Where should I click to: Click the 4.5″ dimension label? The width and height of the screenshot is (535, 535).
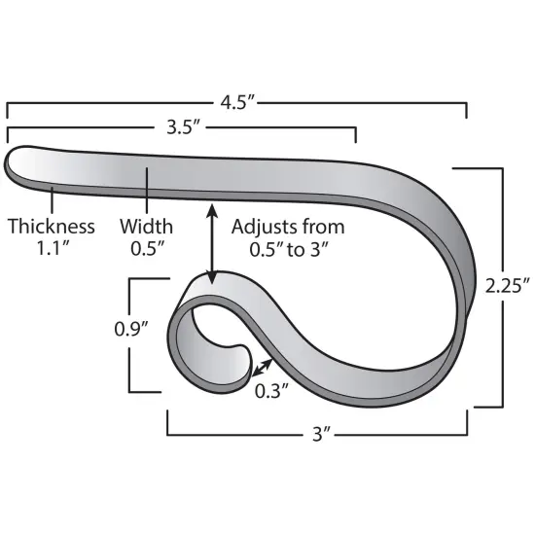[x=236, y=100]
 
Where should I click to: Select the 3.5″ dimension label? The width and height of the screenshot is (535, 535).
[x=182, y=126]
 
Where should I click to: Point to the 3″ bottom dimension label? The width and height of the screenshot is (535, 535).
[x=317, y=434]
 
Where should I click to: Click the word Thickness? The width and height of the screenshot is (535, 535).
[x=52, y=227]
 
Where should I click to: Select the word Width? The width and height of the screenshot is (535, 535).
[x=146, y=227]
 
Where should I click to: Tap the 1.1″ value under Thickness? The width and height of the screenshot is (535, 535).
[x=52, y=248]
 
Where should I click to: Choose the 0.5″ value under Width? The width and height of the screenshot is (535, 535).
[x=146, y=248]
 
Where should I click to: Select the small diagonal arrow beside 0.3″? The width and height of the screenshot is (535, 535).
[x=260, y=367]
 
